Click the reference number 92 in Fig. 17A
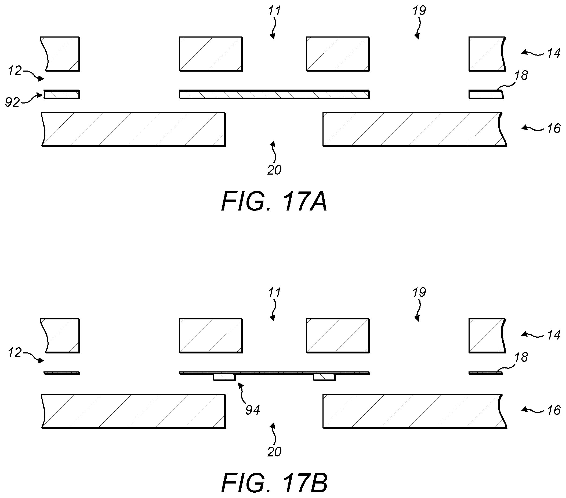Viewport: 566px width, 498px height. coord(12,103)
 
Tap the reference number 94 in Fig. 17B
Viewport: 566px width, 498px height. coord(252,410)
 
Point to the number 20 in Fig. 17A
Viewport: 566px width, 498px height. coord(274,170)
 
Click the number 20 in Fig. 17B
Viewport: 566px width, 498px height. coord(274,452)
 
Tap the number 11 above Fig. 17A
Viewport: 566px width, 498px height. coord(274,11)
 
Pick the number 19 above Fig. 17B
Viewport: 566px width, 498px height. coord(419,292)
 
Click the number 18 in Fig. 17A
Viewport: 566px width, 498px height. coord(521,75)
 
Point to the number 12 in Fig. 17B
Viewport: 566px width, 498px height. coord(15,353)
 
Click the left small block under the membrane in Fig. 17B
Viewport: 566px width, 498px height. coord(224,377)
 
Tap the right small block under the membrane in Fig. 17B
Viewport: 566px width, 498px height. coord(324,377)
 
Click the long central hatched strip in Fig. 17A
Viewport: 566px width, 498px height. coord(274,94)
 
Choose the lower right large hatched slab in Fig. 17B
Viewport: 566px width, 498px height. coord(415,411)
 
